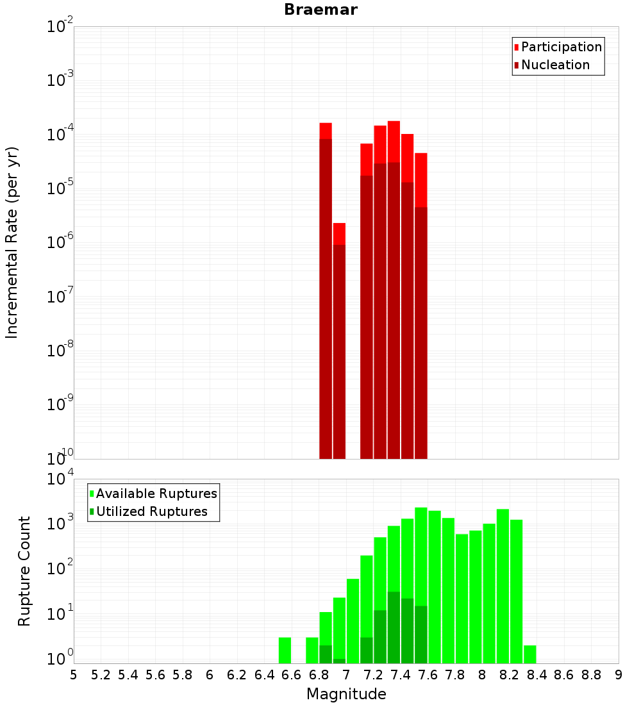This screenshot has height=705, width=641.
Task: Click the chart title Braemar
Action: (320, 10)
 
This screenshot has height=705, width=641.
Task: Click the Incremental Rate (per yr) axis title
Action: (12, 242)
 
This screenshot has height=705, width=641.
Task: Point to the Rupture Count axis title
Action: (24, 570)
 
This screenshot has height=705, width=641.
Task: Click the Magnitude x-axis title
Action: (346, 694)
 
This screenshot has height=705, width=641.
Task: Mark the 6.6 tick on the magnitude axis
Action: (291, 675)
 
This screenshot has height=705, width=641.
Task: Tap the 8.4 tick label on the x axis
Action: (537, 675)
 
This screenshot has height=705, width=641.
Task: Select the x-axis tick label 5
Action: (74, 675)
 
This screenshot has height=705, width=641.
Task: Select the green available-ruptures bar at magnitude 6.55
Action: (285, 651)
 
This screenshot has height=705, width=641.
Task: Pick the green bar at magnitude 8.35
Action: (530, 654)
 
